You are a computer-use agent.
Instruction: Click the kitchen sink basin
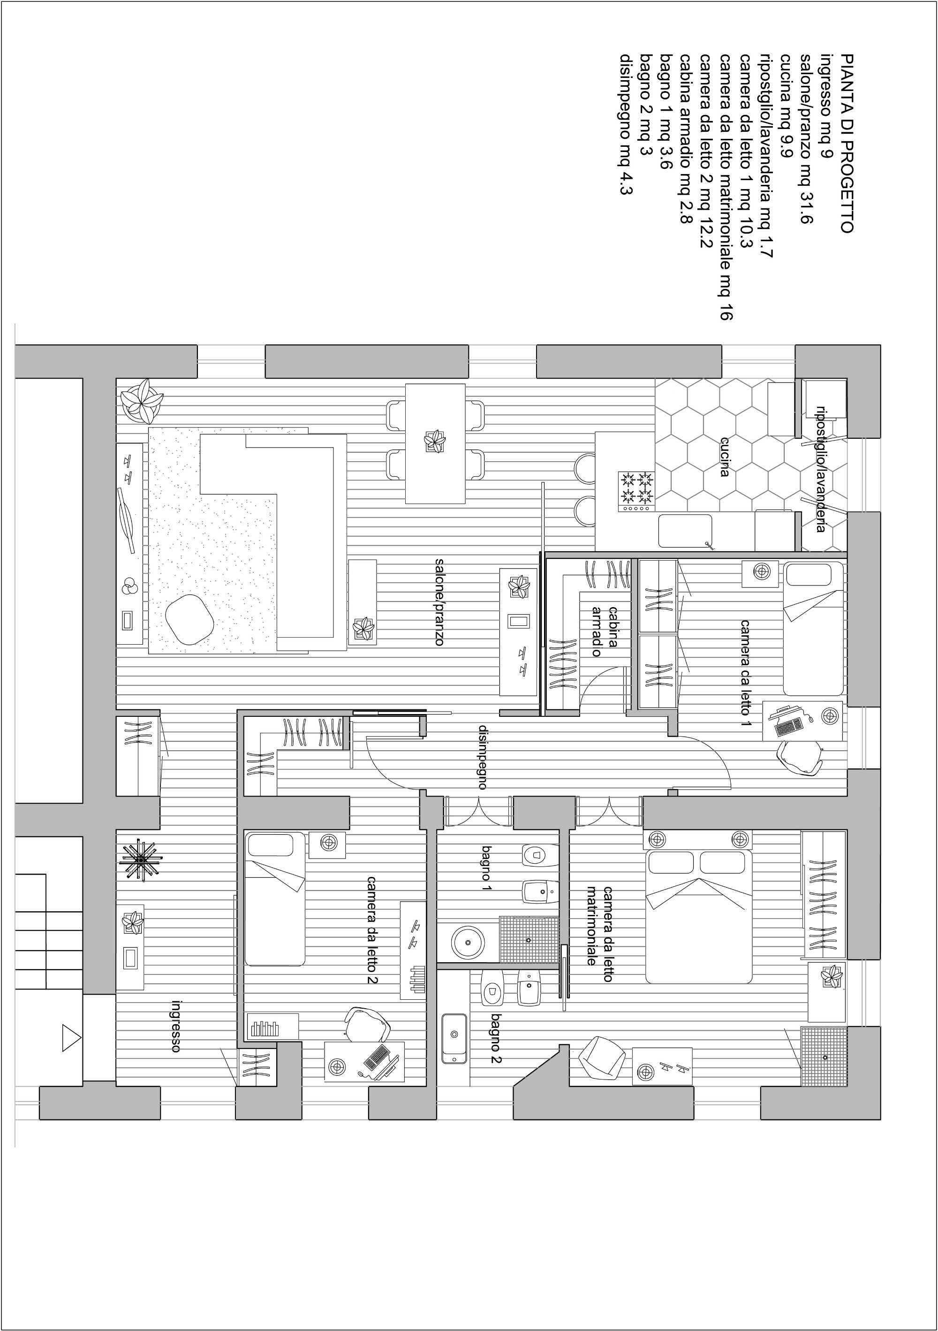685,531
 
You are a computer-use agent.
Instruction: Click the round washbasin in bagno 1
468,942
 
